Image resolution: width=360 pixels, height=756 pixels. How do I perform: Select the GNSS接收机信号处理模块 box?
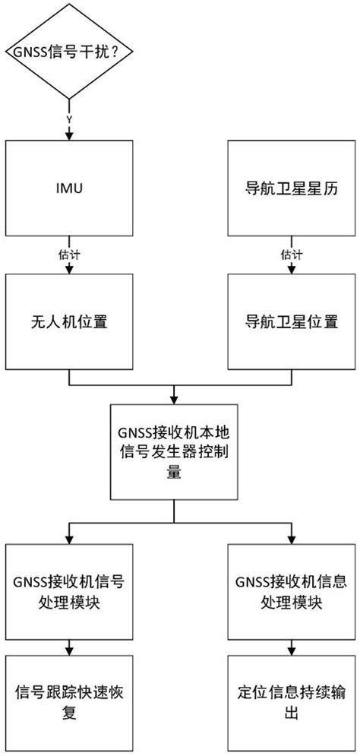(70, 593)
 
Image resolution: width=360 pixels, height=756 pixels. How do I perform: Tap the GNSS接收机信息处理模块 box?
(288, 593)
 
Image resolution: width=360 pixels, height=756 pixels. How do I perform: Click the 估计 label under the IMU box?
(70, 254)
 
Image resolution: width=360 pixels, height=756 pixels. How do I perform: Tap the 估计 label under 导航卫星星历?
(288, 254)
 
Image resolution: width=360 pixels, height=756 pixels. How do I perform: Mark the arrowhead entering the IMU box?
(70, 138)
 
